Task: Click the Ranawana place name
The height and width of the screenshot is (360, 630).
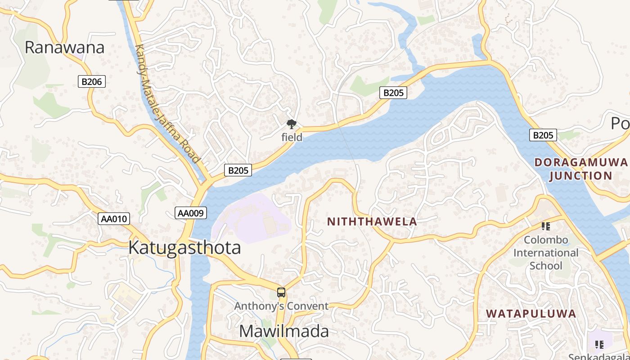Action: (64, 47)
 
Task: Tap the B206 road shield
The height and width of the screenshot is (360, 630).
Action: (92, 81)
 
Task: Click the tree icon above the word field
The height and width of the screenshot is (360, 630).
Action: (292, 124)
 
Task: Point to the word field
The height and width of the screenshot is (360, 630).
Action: (292, 137)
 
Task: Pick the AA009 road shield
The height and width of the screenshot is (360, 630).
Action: (190, 213)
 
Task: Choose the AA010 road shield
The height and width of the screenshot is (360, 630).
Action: (114, 219)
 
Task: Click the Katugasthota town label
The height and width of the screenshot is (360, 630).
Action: (184, 248)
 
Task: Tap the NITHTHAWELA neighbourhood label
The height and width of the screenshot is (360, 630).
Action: (372, 221)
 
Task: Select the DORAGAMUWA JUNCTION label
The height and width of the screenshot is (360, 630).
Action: (580, 169)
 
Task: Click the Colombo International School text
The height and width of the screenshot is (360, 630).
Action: (546, 252)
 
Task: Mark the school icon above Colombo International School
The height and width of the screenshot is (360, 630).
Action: (546, 226)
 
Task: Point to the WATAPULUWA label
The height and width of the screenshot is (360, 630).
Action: (531, 314)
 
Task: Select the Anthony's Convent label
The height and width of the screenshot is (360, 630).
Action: (281, 306)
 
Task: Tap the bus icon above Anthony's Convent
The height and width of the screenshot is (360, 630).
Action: (281, 292)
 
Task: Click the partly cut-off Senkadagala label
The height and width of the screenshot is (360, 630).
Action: (598, 357)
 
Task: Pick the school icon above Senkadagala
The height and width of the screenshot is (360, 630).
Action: (599, 345)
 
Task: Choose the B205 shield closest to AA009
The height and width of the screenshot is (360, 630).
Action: (238, 171)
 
